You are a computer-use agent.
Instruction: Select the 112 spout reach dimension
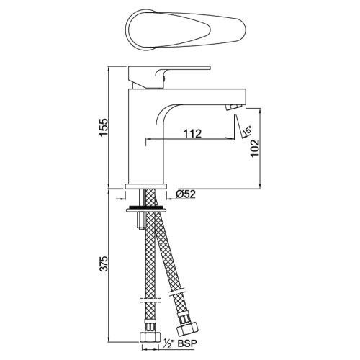coord(192,134)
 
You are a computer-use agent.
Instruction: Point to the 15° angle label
coord(247,132)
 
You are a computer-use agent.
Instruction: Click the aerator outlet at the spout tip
coord(230,107)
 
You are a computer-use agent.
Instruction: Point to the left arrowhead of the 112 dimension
coord(150,139)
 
